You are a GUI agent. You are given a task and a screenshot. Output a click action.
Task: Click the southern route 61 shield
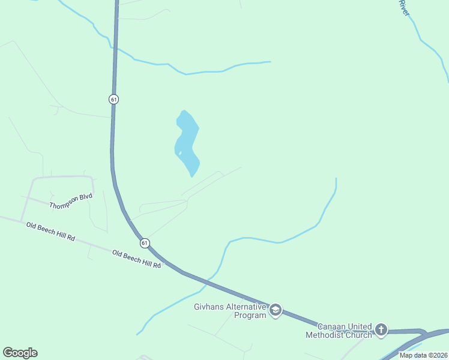145,243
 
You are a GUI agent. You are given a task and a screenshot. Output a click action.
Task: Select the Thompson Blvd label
71,201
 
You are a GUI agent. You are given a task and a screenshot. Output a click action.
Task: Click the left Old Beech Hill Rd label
50,231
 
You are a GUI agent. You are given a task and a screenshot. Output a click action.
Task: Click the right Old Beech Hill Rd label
137,259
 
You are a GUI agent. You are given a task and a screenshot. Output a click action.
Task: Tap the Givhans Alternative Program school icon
276,310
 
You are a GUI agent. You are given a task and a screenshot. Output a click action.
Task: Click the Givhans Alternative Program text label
230,311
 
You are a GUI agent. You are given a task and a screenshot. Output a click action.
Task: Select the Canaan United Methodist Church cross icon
381,329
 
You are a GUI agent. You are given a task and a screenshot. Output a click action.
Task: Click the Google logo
20,353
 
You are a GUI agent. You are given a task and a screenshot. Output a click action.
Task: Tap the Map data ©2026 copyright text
423,355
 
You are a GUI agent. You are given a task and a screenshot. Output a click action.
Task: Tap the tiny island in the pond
179,154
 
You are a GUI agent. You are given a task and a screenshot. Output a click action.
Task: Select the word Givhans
208,307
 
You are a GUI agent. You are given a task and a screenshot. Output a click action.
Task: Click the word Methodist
325,335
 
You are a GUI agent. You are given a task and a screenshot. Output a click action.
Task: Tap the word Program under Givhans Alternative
250,315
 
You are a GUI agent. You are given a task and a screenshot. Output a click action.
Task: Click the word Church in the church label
358,335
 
